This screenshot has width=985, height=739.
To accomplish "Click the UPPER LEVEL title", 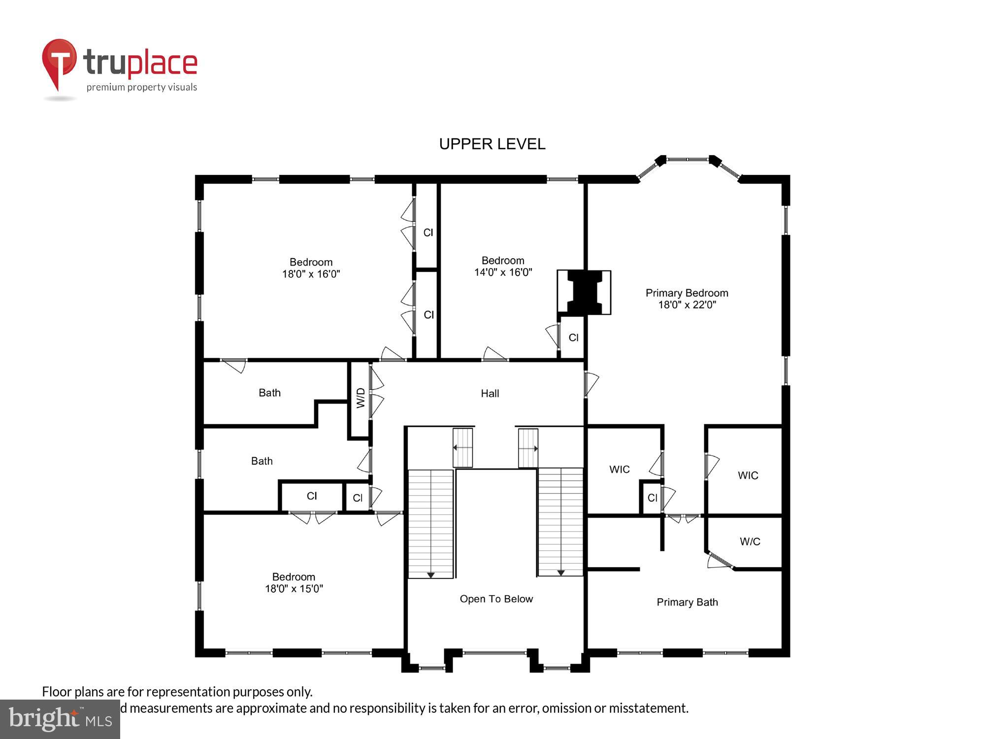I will [x=492, y=144].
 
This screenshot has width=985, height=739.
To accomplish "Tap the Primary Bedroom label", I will [x=687, y=293].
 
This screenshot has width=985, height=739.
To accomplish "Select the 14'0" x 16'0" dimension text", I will [x=503, y=272].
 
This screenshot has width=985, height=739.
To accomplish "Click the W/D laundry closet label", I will [x=361, y=398].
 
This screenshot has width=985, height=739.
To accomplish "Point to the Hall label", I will [x=490, y=393].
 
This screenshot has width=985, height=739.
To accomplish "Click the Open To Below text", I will [x=496, y=599].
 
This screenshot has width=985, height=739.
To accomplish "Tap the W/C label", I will [x=750, y=541].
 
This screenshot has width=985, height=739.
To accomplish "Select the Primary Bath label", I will [x=687, y=602].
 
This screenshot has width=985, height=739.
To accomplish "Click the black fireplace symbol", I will [x=584, y=292].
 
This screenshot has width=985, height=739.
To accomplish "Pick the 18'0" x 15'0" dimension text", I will [x=294, y=588].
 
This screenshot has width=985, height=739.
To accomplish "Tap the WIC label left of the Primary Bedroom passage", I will [x=619, y=469].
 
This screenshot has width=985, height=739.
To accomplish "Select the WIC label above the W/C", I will [x=748, y=475].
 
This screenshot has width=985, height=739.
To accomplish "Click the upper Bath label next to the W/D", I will [x=269, y=393].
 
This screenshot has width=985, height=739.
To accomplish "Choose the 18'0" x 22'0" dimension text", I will [x=687, y=304].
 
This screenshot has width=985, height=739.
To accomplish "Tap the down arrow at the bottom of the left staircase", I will [x=430, y=575].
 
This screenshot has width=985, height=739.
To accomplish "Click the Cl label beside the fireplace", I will [x=573, y=337].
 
